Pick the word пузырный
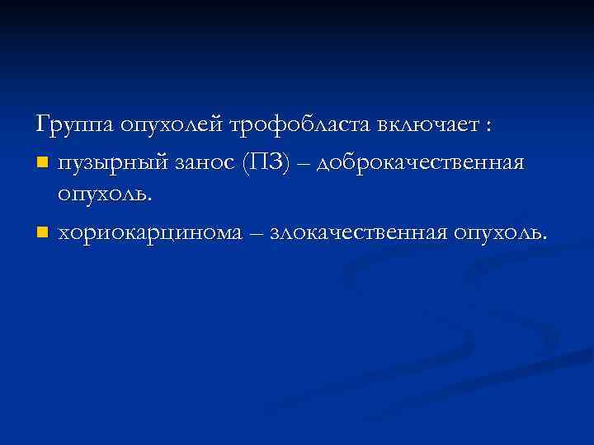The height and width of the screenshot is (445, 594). click(x=111, y=162)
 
